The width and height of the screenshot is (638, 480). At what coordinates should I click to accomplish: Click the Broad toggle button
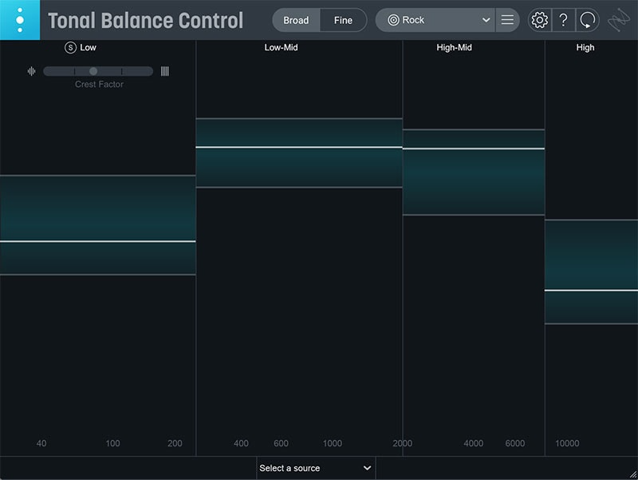pos(296,20)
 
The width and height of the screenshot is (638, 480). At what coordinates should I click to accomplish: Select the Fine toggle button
pos(343,20)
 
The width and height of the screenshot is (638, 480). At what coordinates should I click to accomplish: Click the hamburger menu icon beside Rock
pos(507,20)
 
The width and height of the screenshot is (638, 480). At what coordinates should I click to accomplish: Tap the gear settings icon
pos(540,20)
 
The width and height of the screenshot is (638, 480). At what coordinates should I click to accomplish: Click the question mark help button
pos(563,20)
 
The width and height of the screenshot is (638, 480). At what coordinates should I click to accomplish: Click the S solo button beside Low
pos(71,48)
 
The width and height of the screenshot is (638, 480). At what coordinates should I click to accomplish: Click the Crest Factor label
pos(100,85)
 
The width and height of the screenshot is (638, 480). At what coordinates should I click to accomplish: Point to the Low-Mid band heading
pos(282,48)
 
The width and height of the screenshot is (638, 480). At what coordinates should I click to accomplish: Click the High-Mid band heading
pos(455,48)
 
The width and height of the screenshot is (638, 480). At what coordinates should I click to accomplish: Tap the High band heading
pos(585,48)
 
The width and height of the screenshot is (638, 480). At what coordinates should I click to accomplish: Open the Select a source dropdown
pos(316,468)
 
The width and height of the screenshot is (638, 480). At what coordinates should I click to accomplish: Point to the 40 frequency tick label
pos(41,444)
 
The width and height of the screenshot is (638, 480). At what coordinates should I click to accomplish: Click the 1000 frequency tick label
pos(333,444)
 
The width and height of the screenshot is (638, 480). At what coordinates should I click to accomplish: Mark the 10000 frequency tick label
pos(567,444)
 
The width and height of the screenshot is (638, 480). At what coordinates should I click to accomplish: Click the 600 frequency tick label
pos(281,444)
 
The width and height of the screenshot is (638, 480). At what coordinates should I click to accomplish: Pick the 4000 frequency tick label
pos(474,444)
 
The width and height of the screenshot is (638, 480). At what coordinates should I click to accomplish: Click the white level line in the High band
pos(591,291)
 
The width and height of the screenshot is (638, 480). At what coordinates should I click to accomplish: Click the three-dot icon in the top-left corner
pos(20,20)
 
